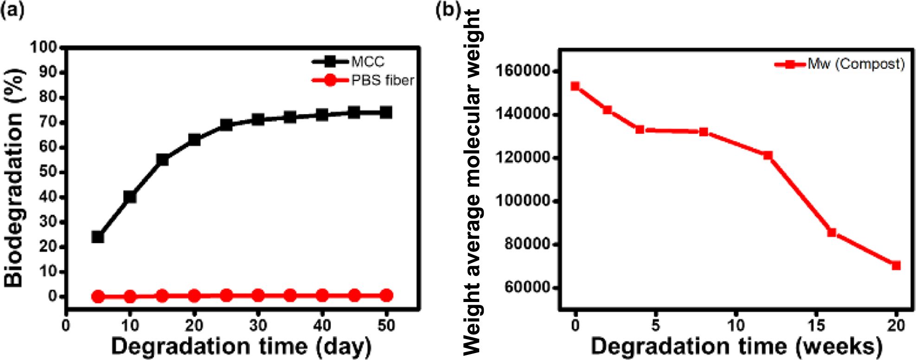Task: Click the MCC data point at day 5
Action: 97,237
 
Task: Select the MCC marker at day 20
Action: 194,140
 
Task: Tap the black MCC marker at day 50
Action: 386,112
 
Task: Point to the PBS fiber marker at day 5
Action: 97,296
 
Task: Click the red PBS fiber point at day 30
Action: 258,296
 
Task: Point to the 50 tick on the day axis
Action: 386,325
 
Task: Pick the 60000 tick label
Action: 526,288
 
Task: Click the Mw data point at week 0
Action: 575,86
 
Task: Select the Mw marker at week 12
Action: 768,155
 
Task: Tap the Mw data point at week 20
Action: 896,265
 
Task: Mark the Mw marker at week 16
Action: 832,232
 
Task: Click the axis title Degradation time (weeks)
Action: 736,347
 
